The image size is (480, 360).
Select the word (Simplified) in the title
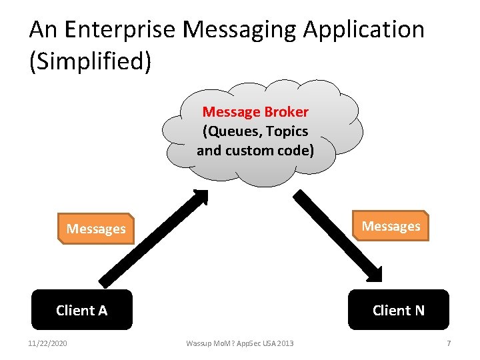[x=91, y=61]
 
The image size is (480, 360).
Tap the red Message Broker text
[x=255, y=111]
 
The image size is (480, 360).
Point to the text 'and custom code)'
[x=255, y=150]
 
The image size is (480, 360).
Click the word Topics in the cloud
[x=286, y=131]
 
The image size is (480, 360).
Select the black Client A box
[x=82, y=310]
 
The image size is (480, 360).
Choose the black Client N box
[x=398, y=310]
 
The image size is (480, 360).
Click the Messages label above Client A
[x=96, y=229]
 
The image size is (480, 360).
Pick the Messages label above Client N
[x=391, y=226]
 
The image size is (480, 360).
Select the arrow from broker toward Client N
[x=337, y=236]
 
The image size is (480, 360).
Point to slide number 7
[x=449, y=343]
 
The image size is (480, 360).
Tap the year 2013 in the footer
[x=283, y=343]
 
